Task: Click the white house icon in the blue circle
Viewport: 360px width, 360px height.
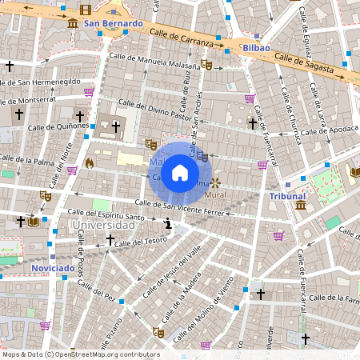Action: point(180,173)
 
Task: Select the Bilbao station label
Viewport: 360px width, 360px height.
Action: point(256,48)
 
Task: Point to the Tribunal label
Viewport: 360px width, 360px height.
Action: point(287,196)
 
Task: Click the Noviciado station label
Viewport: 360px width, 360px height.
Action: point(53,268)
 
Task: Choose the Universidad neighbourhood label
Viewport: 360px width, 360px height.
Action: point(103,226)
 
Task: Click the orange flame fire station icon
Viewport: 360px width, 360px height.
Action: point(89,162)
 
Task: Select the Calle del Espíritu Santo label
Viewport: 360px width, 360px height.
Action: point(106,214)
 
